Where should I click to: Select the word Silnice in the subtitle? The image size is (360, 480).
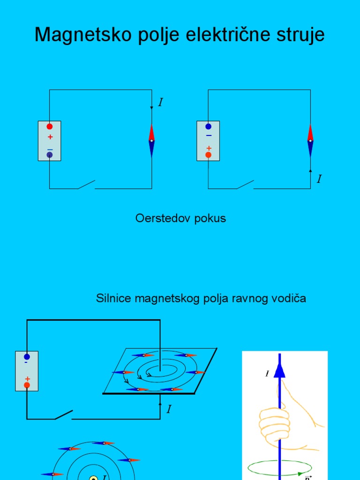(113, 298)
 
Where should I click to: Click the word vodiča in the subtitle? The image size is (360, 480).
(290, 298)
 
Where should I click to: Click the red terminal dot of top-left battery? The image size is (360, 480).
(50, 127)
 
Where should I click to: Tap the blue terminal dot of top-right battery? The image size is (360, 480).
(209, 127)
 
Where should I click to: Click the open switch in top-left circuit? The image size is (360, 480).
(86, 184)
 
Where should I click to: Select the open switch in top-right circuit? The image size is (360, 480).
(245, 184)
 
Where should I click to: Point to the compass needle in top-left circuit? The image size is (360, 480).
(151, 141)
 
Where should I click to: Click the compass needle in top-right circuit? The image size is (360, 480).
(310, 141)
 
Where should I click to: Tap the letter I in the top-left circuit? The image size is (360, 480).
(161, 102)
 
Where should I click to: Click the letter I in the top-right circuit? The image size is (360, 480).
(319, 179)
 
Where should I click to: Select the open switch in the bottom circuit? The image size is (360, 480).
(64, 414)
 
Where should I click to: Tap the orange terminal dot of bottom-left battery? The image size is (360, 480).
(27, 385)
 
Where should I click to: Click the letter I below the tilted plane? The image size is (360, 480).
(169, 409)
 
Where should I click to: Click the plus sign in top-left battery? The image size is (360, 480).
(50, 137)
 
